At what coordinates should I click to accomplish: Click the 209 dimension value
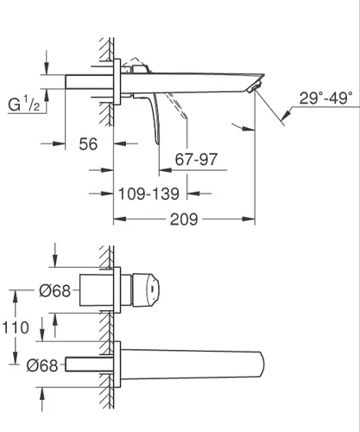pos(184,219)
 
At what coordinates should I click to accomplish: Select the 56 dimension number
pos(88,144)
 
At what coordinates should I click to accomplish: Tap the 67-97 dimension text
pos(196,159)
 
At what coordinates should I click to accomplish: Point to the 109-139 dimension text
pos(148,194)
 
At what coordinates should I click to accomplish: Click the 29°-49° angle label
pos(325,98)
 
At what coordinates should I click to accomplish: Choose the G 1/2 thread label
pos(24,105)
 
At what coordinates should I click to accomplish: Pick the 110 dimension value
pos(16,327)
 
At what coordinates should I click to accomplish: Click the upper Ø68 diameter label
pos(54,291)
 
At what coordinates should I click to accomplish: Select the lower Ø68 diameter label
pos(42,365)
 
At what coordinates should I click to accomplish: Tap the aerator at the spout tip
pos(254,87)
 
